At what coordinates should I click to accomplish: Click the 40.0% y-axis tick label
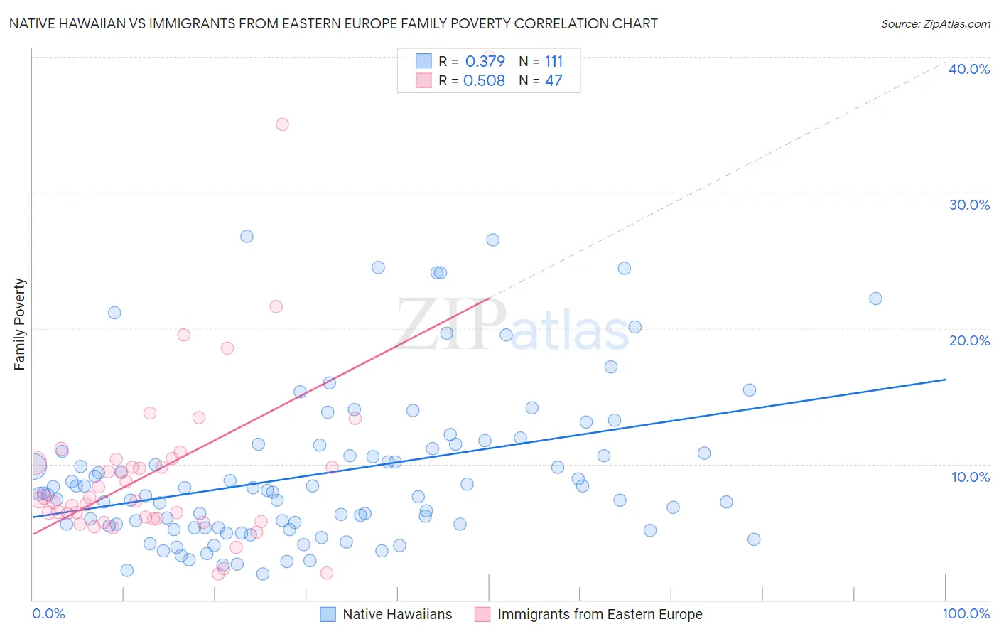coord(969,69)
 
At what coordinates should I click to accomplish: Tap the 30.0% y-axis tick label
coord(969,205)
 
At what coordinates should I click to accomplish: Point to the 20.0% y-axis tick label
coord(969,340)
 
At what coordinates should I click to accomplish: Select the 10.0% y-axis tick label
coord(971,477)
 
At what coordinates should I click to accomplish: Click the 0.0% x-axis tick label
coord(48,613)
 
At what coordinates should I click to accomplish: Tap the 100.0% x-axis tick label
coord(966,613)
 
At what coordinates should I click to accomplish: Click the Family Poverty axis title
coord(20,324)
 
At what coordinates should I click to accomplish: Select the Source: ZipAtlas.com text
coord(935,23)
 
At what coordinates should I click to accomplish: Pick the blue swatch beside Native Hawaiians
coord(328,614)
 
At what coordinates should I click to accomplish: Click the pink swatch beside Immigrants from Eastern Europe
coord(482,614)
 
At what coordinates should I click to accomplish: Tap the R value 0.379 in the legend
coord(485,61)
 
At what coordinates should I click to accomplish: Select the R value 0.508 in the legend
coord(484,80)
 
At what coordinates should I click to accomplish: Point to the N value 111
coord(553,61)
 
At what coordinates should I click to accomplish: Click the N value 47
coord(553,80)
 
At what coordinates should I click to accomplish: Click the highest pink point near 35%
coord(282,124)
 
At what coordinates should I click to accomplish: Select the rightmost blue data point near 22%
coord(875,299)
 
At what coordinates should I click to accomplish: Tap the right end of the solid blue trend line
coord(945,380)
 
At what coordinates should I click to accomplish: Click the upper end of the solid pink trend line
coord(489,299)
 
